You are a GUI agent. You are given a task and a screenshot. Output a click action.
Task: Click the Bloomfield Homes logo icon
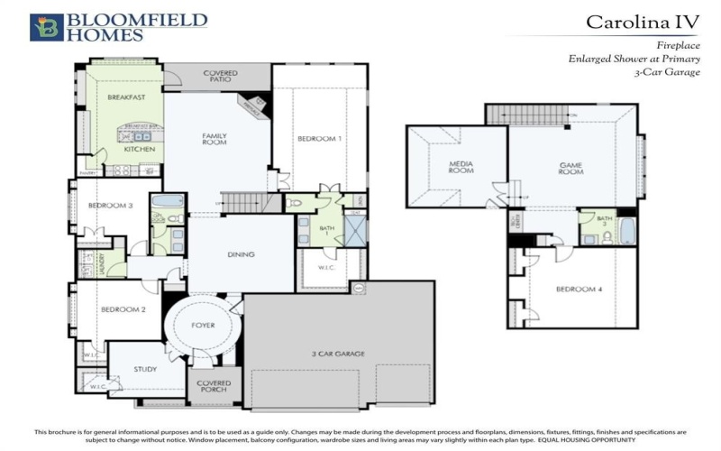(x=46, y=27)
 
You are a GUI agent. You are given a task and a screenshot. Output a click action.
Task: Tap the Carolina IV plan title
(x=643, y=21)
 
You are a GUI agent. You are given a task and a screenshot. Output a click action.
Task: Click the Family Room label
(x=214, y=139)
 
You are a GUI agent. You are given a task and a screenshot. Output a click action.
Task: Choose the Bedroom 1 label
(x=320, y=138)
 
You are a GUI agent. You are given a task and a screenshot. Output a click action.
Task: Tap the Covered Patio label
(x=221, y=76)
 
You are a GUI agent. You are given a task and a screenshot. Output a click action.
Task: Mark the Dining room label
(x=242, y=254)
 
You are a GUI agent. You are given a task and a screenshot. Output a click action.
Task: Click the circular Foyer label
(x=204, y=325)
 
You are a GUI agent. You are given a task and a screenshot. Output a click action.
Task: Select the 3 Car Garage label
(x=338, y=354)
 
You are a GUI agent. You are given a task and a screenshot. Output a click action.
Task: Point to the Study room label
(x=145, y=370)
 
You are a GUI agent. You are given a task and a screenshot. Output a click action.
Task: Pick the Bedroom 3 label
(x=110, y=206)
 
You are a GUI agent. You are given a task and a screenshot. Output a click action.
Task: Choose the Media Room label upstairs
(x=461, y=166)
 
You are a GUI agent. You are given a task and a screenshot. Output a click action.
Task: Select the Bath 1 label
(x=326, y=231)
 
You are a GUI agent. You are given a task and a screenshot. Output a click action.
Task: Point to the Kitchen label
(x=140, y=149)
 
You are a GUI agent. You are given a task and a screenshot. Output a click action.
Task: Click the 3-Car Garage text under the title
(x=667, y=72)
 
